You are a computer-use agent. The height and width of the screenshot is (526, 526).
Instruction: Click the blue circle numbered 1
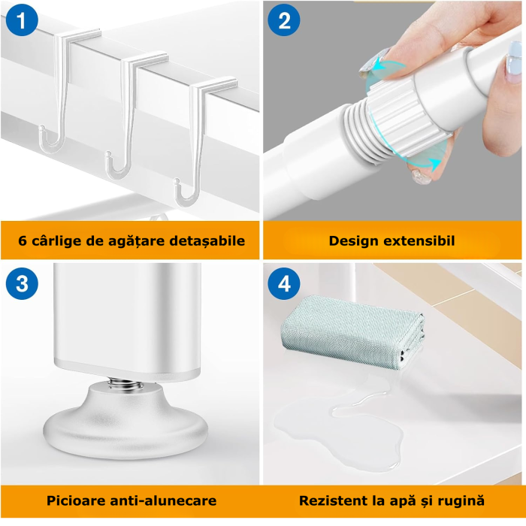(x=22, y=20)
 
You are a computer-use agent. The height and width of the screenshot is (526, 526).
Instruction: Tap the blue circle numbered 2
(x=284, y=20)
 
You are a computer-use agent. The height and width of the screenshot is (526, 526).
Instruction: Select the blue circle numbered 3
(x=22, y=283)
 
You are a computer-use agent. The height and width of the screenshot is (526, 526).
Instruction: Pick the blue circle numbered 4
(x=284, y=283)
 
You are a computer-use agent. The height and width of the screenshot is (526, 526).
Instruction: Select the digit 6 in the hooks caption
(x=22, y=241)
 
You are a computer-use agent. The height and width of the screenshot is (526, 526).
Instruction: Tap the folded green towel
(x=352, y=331)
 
